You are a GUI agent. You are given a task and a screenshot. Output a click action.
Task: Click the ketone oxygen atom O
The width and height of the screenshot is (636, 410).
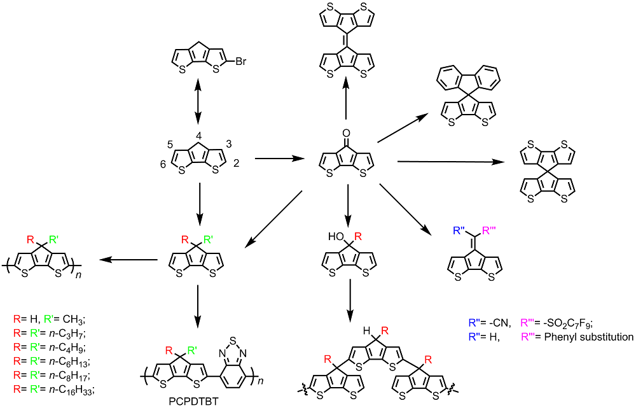(345, 134)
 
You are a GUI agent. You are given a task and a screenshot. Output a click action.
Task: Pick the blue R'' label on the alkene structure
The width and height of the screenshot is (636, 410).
(460, 231)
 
